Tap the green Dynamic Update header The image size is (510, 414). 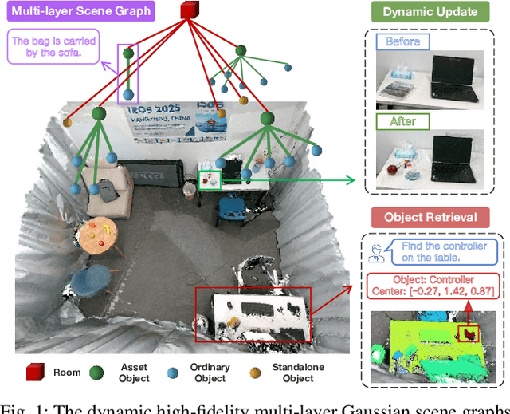(430, 12)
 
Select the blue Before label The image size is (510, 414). (402, 41)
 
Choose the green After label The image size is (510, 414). (402, 122)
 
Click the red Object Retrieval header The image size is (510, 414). (430, 216)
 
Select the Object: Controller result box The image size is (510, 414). (433, 286)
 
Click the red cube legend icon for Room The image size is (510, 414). (35, 373)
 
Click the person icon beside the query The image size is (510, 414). (379, 253)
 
